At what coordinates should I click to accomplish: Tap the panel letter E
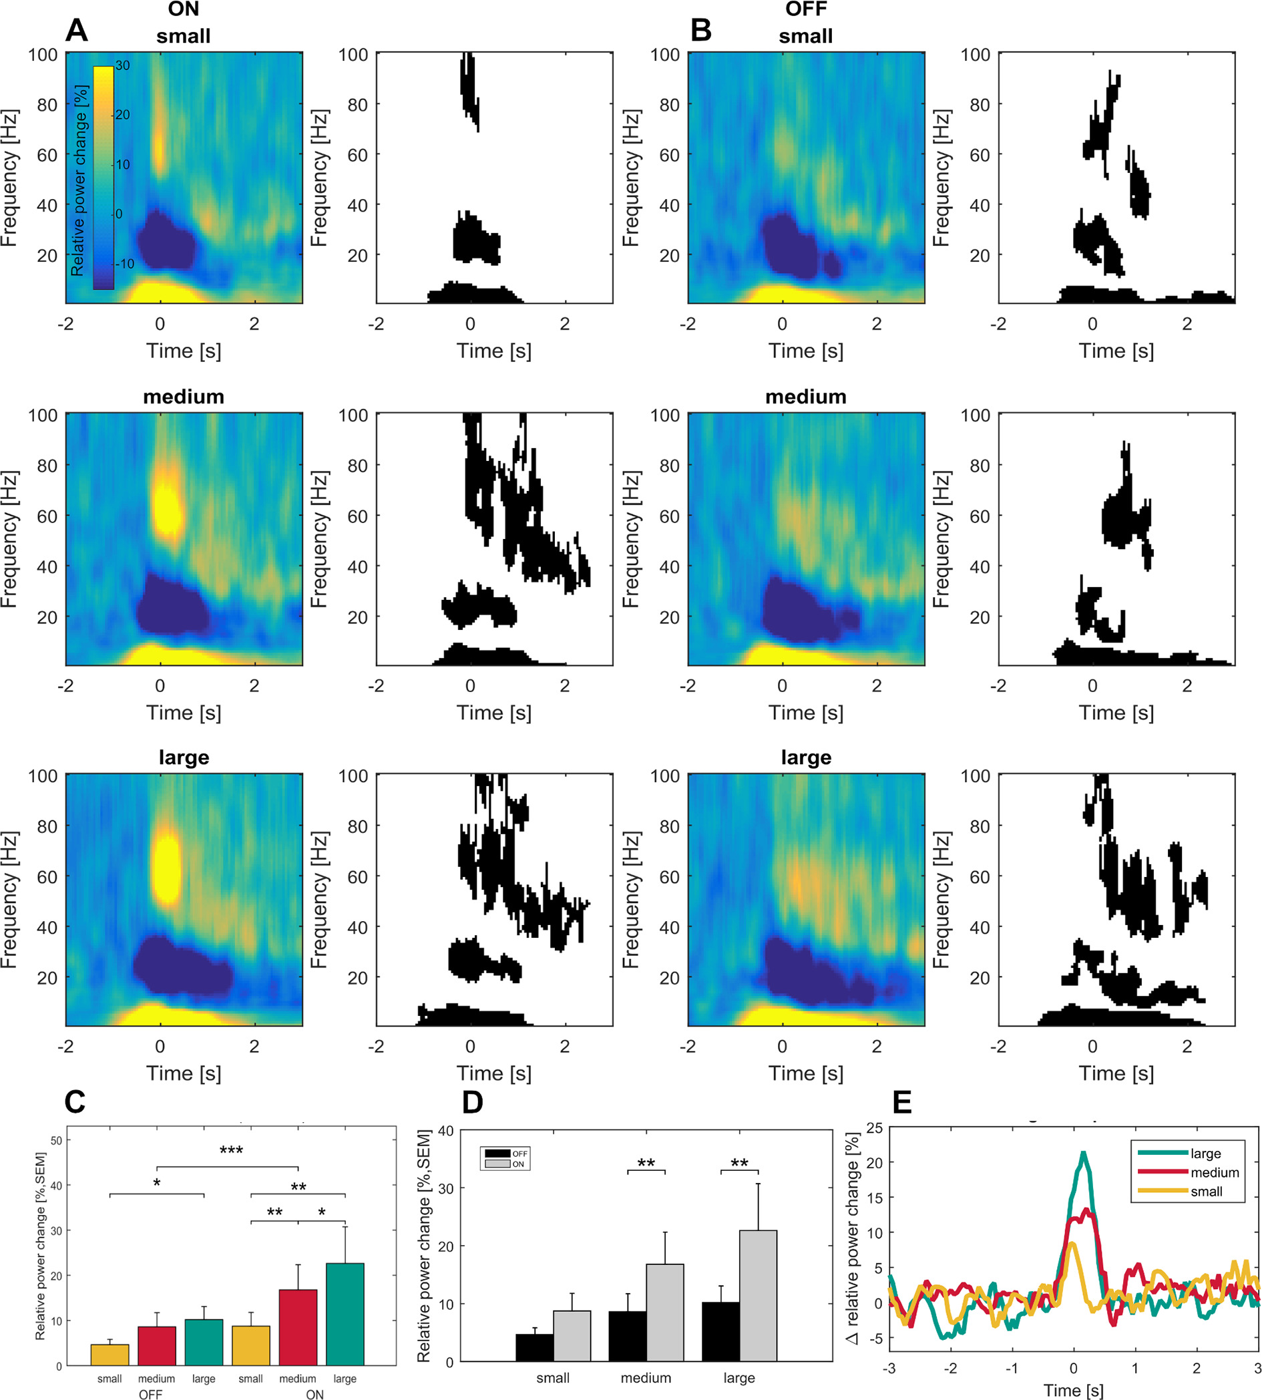(901, 1102)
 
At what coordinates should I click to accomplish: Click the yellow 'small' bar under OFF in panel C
(110, 1355)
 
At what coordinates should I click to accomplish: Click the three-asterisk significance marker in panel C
(231, 1151)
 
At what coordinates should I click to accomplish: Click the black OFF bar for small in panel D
(534, 1347)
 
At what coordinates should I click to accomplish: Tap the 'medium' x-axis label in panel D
(646, 1378)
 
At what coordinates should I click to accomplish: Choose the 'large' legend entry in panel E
(1205, 1154)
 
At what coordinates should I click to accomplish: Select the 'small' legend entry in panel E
(1206, 1192)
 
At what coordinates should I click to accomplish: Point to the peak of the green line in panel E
(1083, 1153)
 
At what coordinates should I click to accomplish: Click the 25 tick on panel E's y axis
(875, 1128)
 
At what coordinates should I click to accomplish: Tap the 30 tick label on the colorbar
(123, 65)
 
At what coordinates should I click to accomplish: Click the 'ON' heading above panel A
(183, 10)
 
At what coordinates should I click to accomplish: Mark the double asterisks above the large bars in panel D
(739, 1164)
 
